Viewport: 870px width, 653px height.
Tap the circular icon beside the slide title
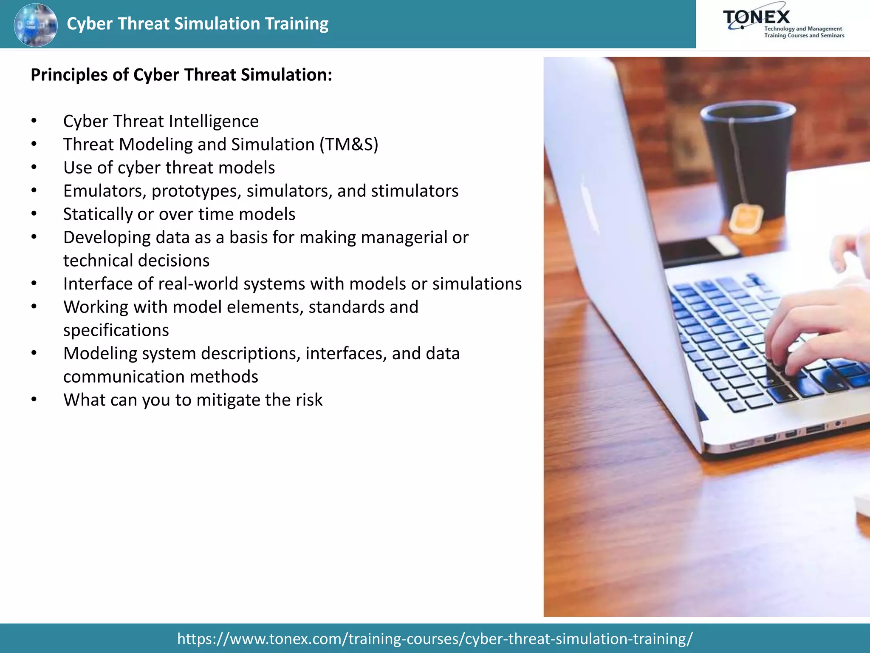click(x=36, y=25)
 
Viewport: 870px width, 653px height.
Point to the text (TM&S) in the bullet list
click(x=349, y=145)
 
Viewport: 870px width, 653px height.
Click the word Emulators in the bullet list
click(x=105, y=191)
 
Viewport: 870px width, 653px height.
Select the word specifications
click(x=116, y=330)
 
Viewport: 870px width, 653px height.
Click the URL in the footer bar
click(x=435, y=639)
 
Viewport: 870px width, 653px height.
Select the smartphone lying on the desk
click(x=697, y=251)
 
